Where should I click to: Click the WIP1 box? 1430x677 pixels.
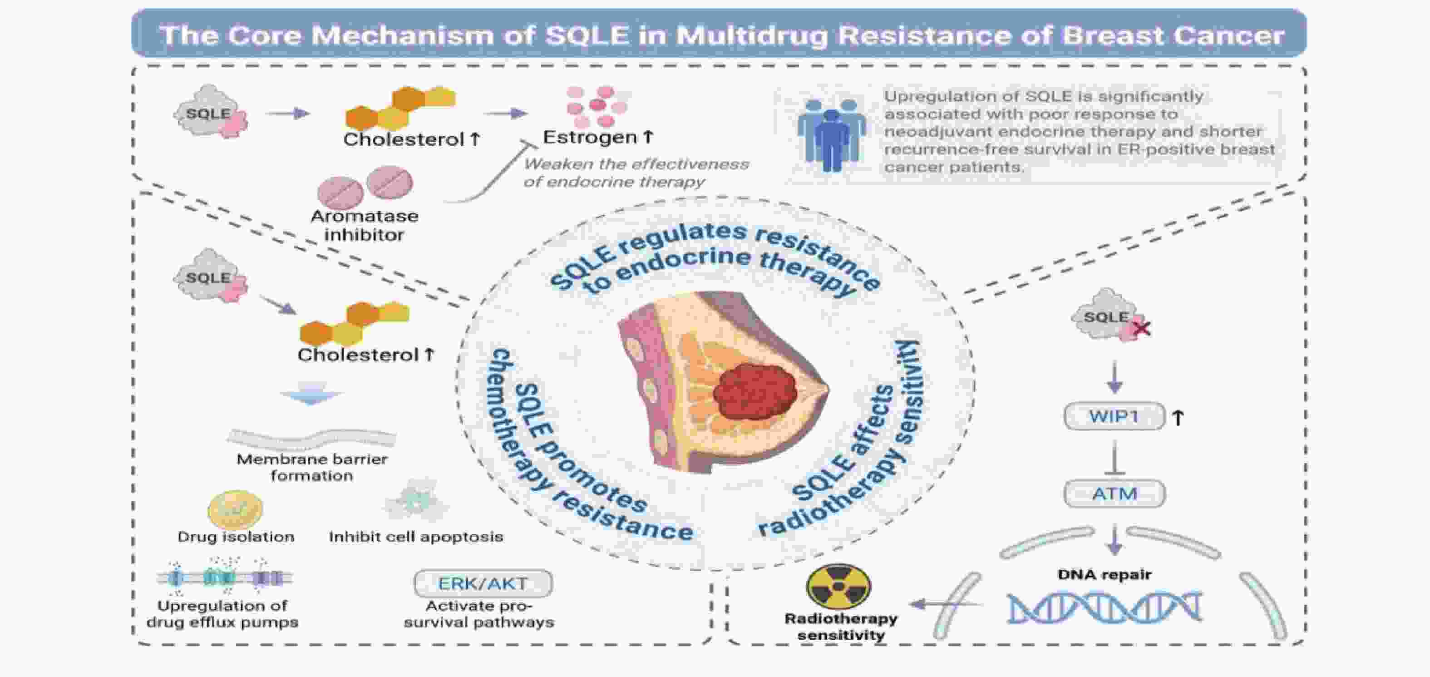click(x=1114, y=416)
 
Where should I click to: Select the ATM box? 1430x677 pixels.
click(x=1114, y=493)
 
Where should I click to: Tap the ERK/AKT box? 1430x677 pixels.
click(x=483, y=583)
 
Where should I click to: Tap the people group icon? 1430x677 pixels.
click(x=831, y=134)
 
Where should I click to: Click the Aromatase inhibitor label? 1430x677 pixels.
click(x=364, y=225)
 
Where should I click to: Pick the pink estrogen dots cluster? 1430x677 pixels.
click(x=596, y=105)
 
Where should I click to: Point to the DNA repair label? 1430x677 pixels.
click(x=1104, y=574)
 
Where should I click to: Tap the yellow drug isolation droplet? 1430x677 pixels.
click(x=235, y=509)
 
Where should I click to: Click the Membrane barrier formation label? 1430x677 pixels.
click(x=312, y=467)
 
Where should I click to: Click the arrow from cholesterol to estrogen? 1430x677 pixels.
click(x=505, y=114)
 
